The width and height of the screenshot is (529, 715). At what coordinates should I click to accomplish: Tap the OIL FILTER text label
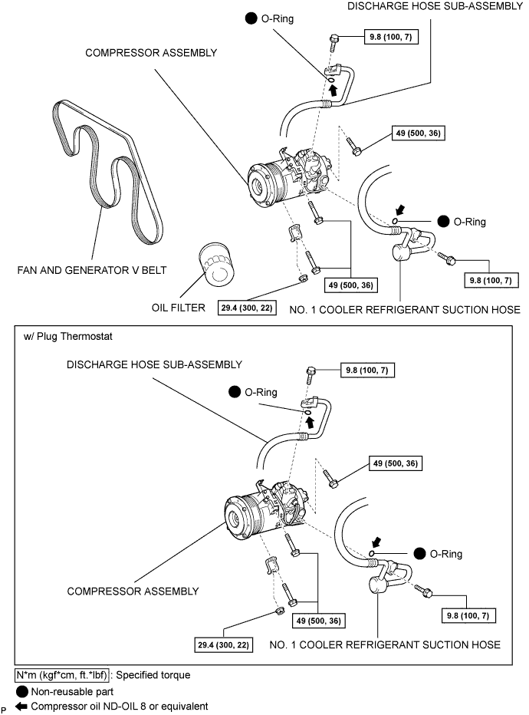click(178, 308)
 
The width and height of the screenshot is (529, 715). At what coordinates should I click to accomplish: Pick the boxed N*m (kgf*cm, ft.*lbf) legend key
click(62, 675)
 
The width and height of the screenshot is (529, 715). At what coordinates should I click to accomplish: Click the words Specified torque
click(153, 675)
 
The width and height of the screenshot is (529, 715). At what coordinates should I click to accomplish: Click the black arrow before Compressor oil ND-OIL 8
click(21, 706)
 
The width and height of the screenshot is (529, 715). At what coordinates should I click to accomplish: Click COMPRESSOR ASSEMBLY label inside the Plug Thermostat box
click(133, 591)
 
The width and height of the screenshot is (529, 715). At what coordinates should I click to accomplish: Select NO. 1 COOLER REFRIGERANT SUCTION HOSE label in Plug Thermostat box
click(385, 644)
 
